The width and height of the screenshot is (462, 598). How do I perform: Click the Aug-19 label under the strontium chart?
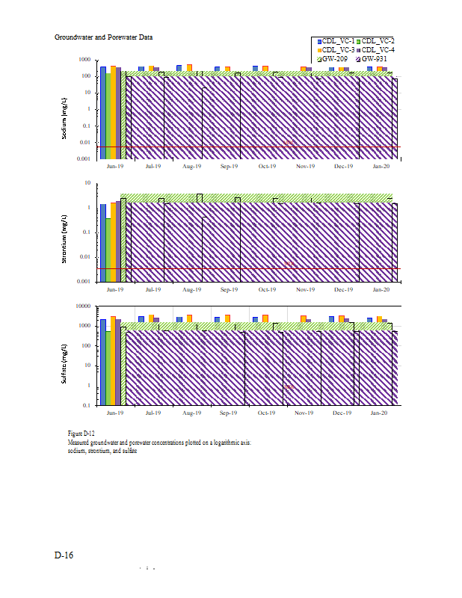[x=192, y=289]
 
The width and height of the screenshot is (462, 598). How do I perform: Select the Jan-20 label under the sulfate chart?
[x=381, y=413]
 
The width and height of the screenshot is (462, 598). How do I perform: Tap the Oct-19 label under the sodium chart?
[x=268, y=166]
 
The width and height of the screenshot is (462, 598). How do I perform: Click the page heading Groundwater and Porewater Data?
[x=104, y=37]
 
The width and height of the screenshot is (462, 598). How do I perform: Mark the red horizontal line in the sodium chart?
[x=224, y=147]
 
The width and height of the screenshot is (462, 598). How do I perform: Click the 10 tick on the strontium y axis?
[x=87, y=183]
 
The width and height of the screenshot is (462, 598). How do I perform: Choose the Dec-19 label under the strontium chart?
[x=343, y=289]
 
